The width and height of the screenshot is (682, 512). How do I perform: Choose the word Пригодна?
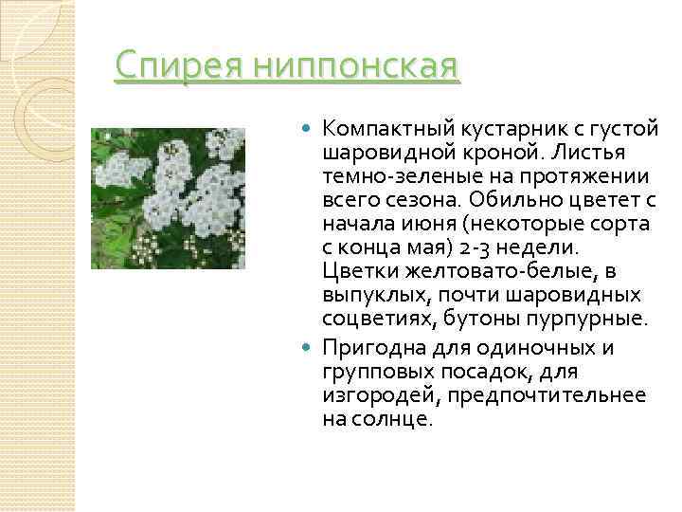(x=373, y=347)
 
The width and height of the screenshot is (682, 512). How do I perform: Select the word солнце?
(x=392, y=418)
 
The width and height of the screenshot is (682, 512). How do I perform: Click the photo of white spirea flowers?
(x=168, y=198)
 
